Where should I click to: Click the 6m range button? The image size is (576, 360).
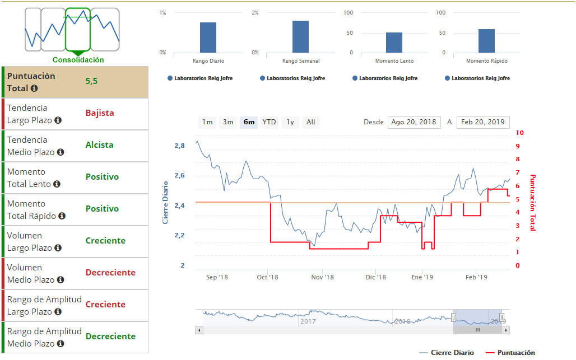[249, 122]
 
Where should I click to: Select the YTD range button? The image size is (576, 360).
[270, 122]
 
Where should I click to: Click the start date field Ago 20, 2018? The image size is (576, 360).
[414, 122]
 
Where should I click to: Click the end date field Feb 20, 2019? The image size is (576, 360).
[483, 122]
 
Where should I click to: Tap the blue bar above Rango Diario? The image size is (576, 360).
[208, 38]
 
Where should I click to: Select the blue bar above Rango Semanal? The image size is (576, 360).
[300, 37]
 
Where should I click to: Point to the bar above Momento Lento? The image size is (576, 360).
[394, 43]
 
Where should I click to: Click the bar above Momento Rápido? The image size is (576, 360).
[486, 41]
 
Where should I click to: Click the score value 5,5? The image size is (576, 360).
[91, 81]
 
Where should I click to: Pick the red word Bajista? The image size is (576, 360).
[100, 113]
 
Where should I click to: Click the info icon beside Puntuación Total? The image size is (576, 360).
[34, 88]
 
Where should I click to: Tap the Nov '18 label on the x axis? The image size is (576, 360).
[322, 277]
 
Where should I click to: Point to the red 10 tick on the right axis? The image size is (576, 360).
[520, 133]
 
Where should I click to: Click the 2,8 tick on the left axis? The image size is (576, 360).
[179, 146]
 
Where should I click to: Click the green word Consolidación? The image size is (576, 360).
[78, 60]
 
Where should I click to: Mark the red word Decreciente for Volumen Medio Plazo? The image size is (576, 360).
[110, 273]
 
